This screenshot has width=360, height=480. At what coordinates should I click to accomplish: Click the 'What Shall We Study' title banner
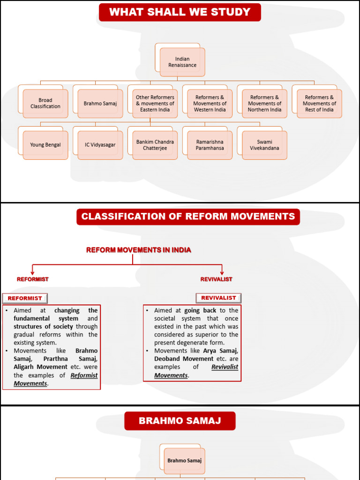180,12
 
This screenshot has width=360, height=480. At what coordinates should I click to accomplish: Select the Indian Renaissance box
182,62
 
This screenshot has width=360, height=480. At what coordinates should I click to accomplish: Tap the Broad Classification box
45,103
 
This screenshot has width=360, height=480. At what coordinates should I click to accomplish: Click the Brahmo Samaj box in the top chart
100,103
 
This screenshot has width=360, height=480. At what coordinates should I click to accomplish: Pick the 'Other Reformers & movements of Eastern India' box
155,103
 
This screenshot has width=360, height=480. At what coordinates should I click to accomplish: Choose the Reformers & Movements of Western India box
210,103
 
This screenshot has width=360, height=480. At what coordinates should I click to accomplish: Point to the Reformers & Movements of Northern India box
265,103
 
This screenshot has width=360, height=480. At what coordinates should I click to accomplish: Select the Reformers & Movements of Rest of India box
320,103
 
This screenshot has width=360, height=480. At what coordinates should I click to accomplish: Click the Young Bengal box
45,145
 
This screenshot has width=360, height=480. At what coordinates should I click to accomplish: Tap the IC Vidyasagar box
100,145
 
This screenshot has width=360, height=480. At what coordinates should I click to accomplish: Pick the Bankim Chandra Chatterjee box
155,145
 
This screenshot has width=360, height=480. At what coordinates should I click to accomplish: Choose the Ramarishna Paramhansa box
210,145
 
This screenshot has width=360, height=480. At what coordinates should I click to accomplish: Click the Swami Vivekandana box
265,145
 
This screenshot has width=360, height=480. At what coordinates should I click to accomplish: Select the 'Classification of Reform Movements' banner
188,217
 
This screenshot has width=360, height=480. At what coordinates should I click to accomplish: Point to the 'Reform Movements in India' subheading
138,250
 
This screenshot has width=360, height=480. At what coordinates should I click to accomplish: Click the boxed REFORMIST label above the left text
25,298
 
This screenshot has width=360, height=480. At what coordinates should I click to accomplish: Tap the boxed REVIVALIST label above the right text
218,298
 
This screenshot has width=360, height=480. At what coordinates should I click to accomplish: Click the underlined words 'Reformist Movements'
56,380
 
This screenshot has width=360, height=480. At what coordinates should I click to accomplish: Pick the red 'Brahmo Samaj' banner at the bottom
180,421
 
